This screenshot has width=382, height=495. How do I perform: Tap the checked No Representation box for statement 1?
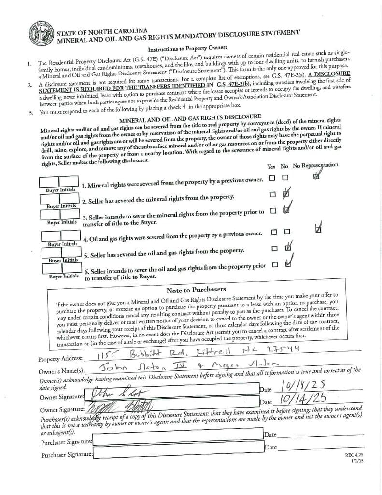pyautogui.click(x=316, y=177)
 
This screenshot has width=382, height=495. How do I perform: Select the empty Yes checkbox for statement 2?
pyautogui.click(x=273, y=194)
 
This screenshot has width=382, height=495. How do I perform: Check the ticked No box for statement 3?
pyautogui.click(x=287, y=210)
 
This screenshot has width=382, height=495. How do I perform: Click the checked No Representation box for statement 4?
pyautogui.click(x=317, y=228)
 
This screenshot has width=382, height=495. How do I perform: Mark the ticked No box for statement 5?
pyautogui.click(x=288, y=248)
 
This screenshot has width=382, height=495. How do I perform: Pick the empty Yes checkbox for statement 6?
pyautogui.click(x=275, y=264)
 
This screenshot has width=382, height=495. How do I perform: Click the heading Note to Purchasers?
pyautogui.click(x=196, y=290)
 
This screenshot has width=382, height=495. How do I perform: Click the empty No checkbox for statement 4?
pyautogui.click(x=287, y=232)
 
